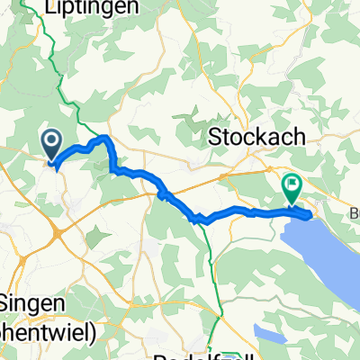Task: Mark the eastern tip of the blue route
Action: [x=311, y=214]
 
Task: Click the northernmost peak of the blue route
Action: [x=105, y=138]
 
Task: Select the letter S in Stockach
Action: [x=215, y=138]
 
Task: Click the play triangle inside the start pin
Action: [x=51, y=140]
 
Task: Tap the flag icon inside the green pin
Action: [x=292, y=184]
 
